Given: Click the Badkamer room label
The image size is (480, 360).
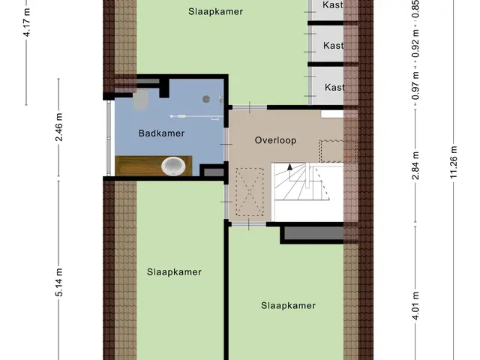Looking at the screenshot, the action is point(161,133).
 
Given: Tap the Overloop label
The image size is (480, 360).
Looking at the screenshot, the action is point(275,140).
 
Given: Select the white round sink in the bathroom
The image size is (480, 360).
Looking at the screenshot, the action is point(173,166).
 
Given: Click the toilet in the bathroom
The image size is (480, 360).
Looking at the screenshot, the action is point(141,100).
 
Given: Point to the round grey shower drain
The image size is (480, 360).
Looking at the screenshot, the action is point(206,99).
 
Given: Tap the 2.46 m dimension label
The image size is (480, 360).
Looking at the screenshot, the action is point(58,127).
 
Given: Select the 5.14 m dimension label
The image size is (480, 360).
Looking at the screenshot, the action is point(58,282).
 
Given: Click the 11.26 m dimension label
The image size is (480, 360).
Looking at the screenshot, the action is point(453,162).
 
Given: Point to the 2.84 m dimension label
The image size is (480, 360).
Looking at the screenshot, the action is point(415,165).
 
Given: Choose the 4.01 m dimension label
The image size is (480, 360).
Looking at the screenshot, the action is point(415,306).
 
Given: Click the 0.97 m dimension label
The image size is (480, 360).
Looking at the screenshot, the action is point(415,85).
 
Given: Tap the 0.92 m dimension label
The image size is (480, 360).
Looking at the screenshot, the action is point(415,43).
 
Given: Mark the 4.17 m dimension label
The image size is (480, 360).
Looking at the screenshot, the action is point(27,22).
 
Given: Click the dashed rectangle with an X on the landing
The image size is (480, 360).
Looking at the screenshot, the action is point(250,192).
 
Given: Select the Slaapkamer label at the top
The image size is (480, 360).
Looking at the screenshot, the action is point(215,12).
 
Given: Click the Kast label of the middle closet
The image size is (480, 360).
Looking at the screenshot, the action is point(333,46).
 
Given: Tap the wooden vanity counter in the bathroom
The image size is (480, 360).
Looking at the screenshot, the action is point(153,166).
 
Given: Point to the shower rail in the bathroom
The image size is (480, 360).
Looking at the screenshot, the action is point(196,116).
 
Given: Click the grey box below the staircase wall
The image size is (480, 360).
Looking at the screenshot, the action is point(313,233).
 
